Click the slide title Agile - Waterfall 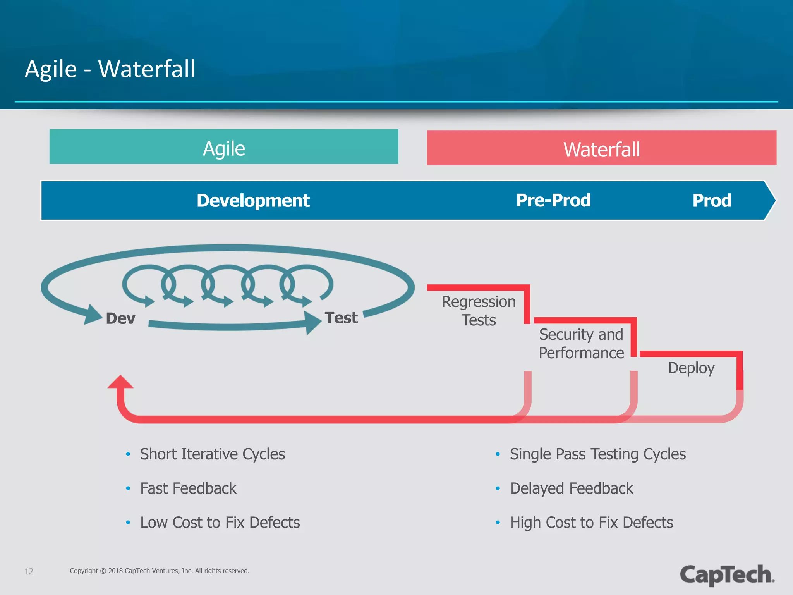[x=110, y=69]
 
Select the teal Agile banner [x=224, y=147]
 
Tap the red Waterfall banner [x=601, y=148]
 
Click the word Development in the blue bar [x=253, y=201]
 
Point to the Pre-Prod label [x=553, y=201]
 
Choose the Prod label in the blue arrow [x=712, y=201]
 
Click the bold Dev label [x=120, y=318]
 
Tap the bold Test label [x=341, y=318]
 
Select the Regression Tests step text [x=479, y=311]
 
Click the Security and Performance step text [x=581, y=344]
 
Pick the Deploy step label [x=691, y=368]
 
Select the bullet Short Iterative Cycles [x=212, y=454]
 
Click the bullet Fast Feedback [x=188, y=488]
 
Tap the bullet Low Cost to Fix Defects [x=220, y=523]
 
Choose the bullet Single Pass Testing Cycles [x=597, y=454]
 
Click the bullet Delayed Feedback [x=571, y=488]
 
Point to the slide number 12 [x=29, y=571]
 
